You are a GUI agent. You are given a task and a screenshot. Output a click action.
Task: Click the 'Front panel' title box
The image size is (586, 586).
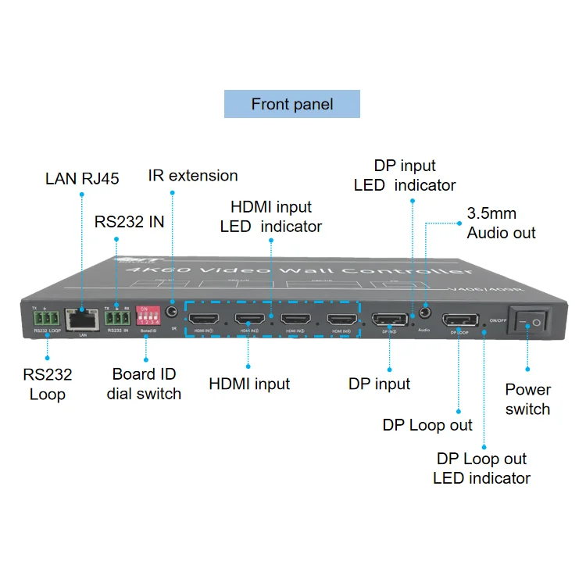tap(291, 104)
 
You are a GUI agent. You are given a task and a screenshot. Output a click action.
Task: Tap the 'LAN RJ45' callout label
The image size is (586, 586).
tap(82, 179)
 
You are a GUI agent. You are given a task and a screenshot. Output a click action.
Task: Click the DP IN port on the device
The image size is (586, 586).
tap(388, 319)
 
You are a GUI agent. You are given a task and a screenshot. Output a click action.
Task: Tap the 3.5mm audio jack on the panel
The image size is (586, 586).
tap(425, 313)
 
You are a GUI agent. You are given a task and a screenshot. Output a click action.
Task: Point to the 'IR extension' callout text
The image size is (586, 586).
tap(193, 175)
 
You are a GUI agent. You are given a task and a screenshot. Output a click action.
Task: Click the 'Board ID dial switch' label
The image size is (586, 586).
tap(144, 384)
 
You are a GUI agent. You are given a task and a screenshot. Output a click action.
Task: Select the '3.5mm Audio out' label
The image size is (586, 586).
tap(502, 223)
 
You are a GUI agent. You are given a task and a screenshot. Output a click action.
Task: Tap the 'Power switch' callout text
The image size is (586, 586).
tap(527, 398)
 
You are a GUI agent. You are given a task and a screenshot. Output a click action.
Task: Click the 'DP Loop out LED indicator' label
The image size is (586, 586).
tap(481, 468)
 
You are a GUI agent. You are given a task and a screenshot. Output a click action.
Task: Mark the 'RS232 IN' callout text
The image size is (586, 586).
tap(129, 221)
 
